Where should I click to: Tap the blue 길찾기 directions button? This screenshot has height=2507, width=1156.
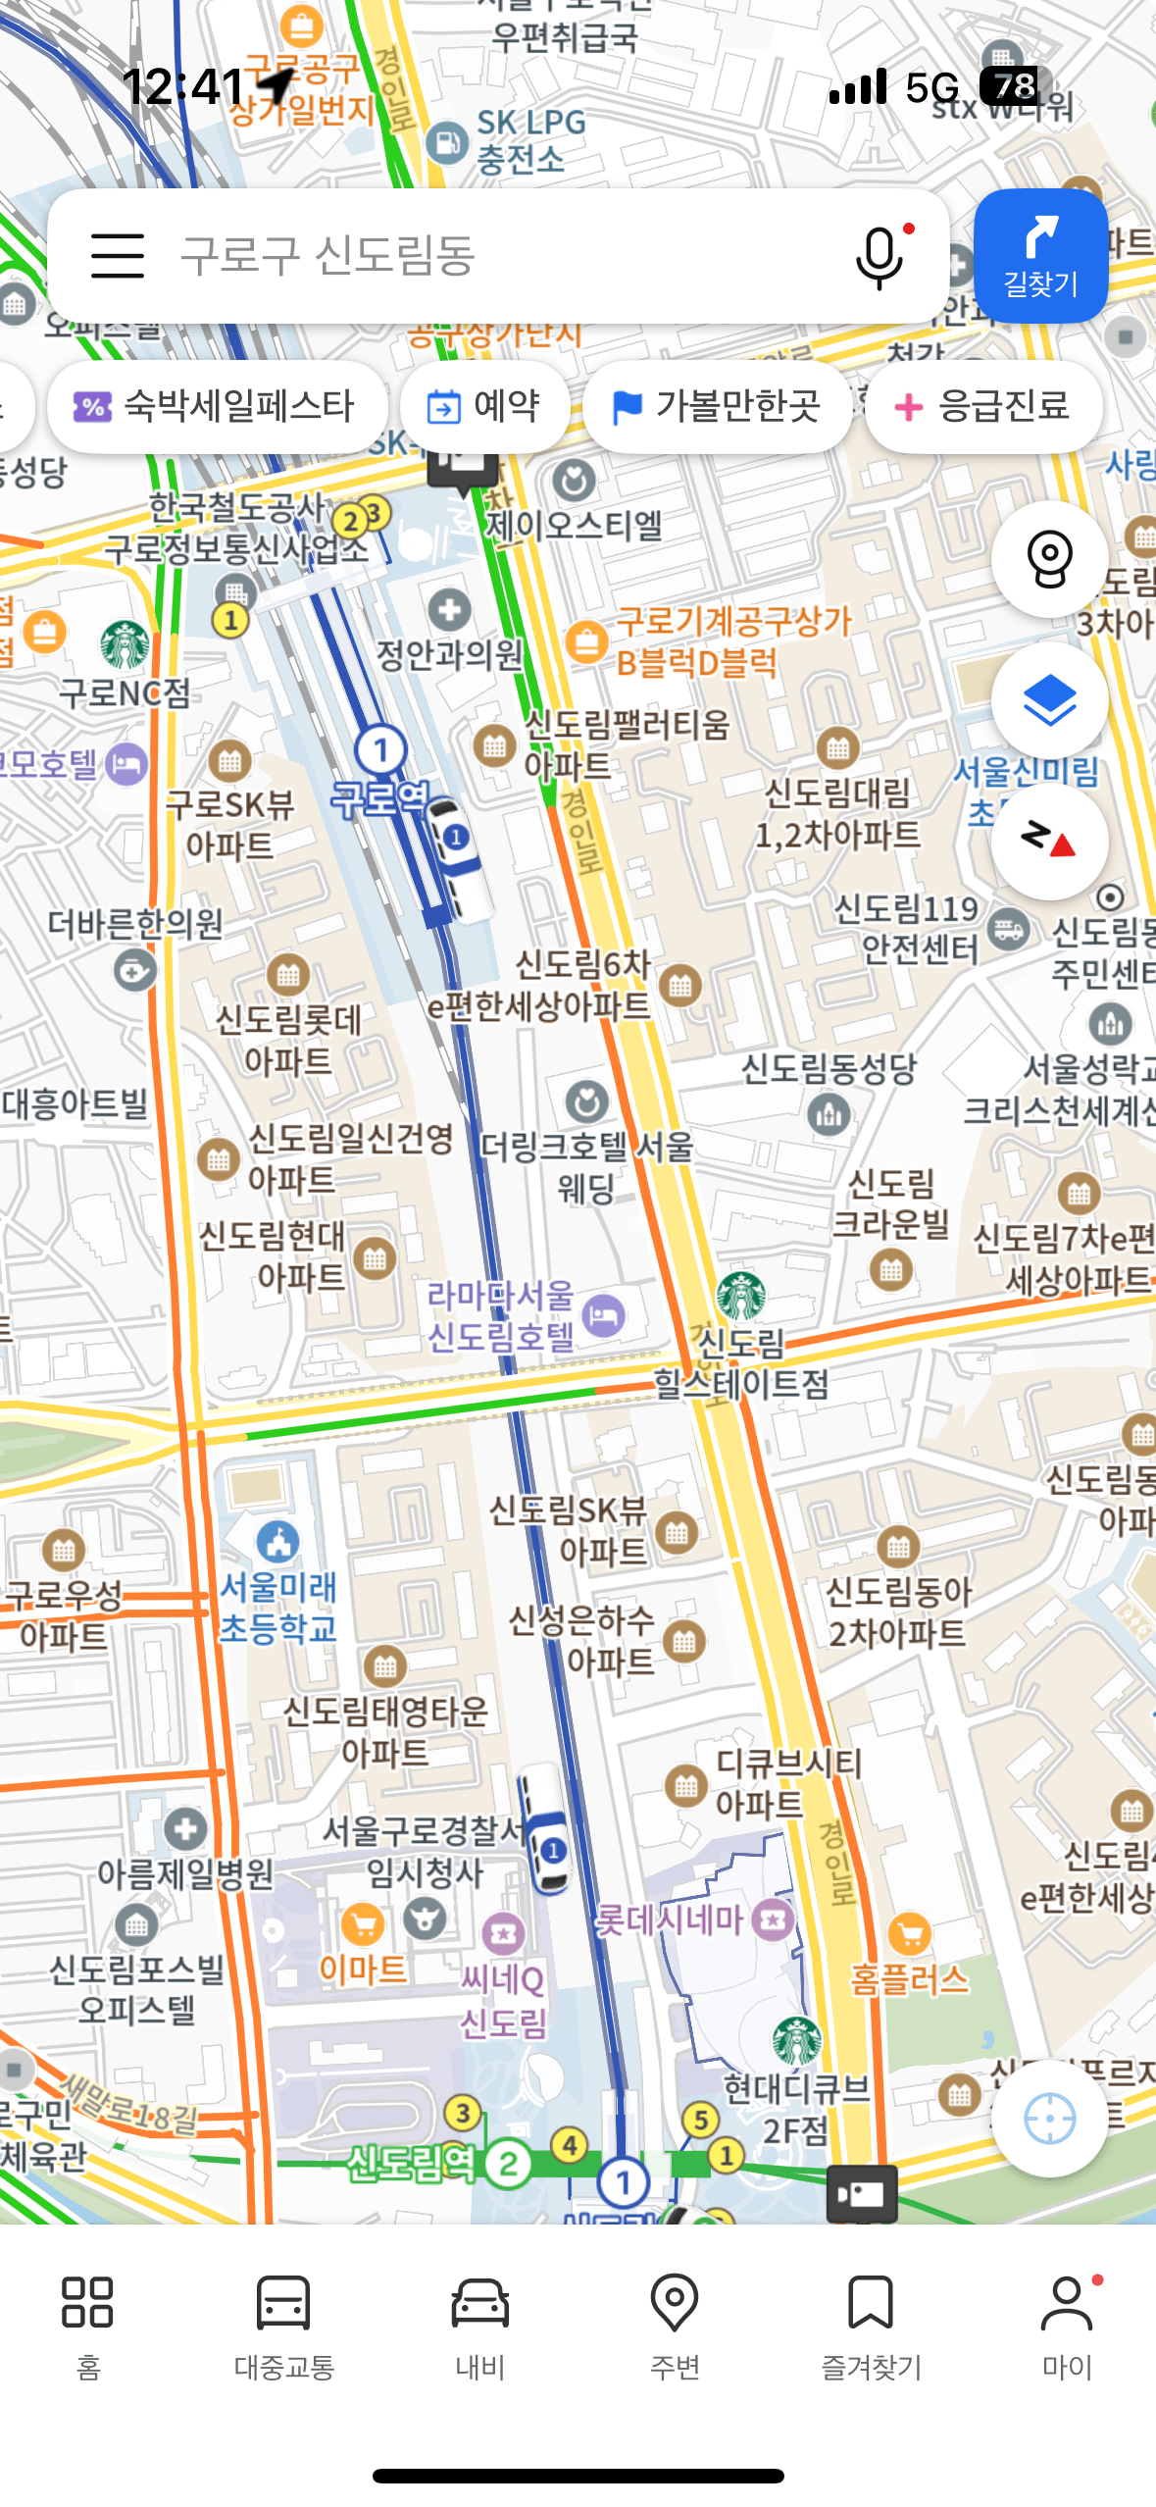point(1040,256)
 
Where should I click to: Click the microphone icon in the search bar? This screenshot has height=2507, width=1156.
point(879,257)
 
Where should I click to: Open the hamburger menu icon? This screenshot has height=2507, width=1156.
point(118,256)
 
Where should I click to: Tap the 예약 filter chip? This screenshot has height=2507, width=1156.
point(485,406)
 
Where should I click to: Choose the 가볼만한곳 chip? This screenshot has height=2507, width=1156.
point(717,406)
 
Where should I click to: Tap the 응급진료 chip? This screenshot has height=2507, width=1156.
point(983,406)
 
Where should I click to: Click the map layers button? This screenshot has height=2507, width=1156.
point(1049,700)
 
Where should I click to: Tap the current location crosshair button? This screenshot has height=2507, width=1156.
point(1049,2119)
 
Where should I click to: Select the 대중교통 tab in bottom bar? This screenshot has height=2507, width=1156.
point(284,2325)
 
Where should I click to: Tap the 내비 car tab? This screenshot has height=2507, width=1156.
point(479,2325)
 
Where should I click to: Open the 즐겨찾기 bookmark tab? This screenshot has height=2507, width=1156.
point(871,2325)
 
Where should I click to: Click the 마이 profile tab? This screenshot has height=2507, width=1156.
point(1067,2325)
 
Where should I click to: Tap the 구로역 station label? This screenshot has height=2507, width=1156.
point(380,798)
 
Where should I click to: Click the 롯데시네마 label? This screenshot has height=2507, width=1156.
point(670,1919)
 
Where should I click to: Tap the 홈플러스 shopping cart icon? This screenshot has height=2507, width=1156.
point(910,1933)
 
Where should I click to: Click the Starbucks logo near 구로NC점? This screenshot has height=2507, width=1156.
point(126,644)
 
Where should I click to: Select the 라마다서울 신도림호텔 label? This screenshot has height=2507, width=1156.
point(501,1315)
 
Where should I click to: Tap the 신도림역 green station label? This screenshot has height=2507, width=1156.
point(412,2162)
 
